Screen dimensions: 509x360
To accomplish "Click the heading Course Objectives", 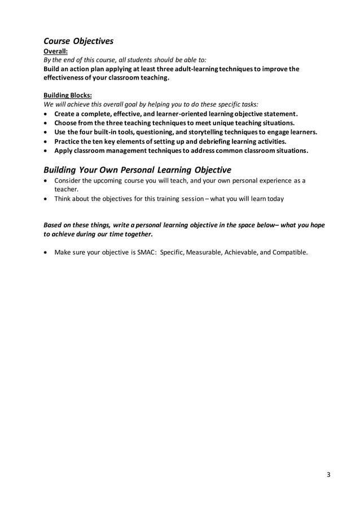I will click(x=78, y=41).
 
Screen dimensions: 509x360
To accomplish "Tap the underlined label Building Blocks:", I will click(x=68, y=95).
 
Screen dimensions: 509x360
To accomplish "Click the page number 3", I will click(x=328, y=475).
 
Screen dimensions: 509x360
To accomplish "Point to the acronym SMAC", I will click(x=150, y=252).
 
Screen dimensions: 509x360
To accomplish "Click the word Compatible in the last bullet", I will click(x=289, y=252).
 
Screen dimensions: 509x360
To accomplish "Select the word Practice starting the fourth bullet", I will click(x=68, y=142).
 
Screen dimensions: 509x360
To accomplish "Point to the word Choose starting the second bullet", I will click(x=67, y=123).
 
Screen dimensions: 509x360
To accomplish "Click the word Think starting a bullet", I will click(x=64, y=199).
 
